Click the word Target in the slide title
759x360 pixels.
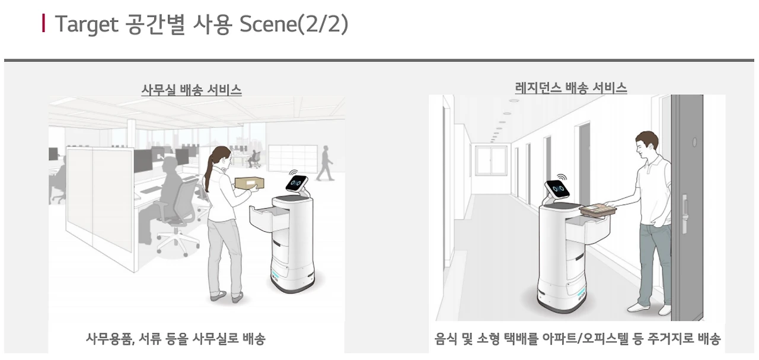[87, 24]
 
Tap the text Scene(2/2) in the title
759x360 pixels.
[294, 24]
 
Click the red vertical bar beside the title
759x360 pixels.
[43, 23]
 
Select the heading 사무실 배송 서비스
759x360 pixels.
[192, 90]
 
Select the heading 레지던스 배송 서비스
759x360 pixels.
[571, 88]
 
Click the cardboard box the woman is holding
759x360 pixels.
[250, 183]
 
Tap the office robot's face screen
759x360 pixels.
[296, 183]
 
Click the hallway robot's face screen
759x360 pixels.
[557, 189]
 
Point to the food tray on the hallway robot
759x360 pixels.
[598, 209]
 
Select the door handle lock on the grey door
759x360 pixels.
[684, 214]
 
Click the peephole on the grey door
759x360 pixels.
[694, 142]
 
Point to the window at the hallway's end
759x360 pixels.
[491, 160]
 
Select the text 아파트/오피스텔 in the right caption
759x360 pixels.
[585, 339]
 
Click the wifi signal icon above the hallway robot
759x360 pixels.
[562, 177]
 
